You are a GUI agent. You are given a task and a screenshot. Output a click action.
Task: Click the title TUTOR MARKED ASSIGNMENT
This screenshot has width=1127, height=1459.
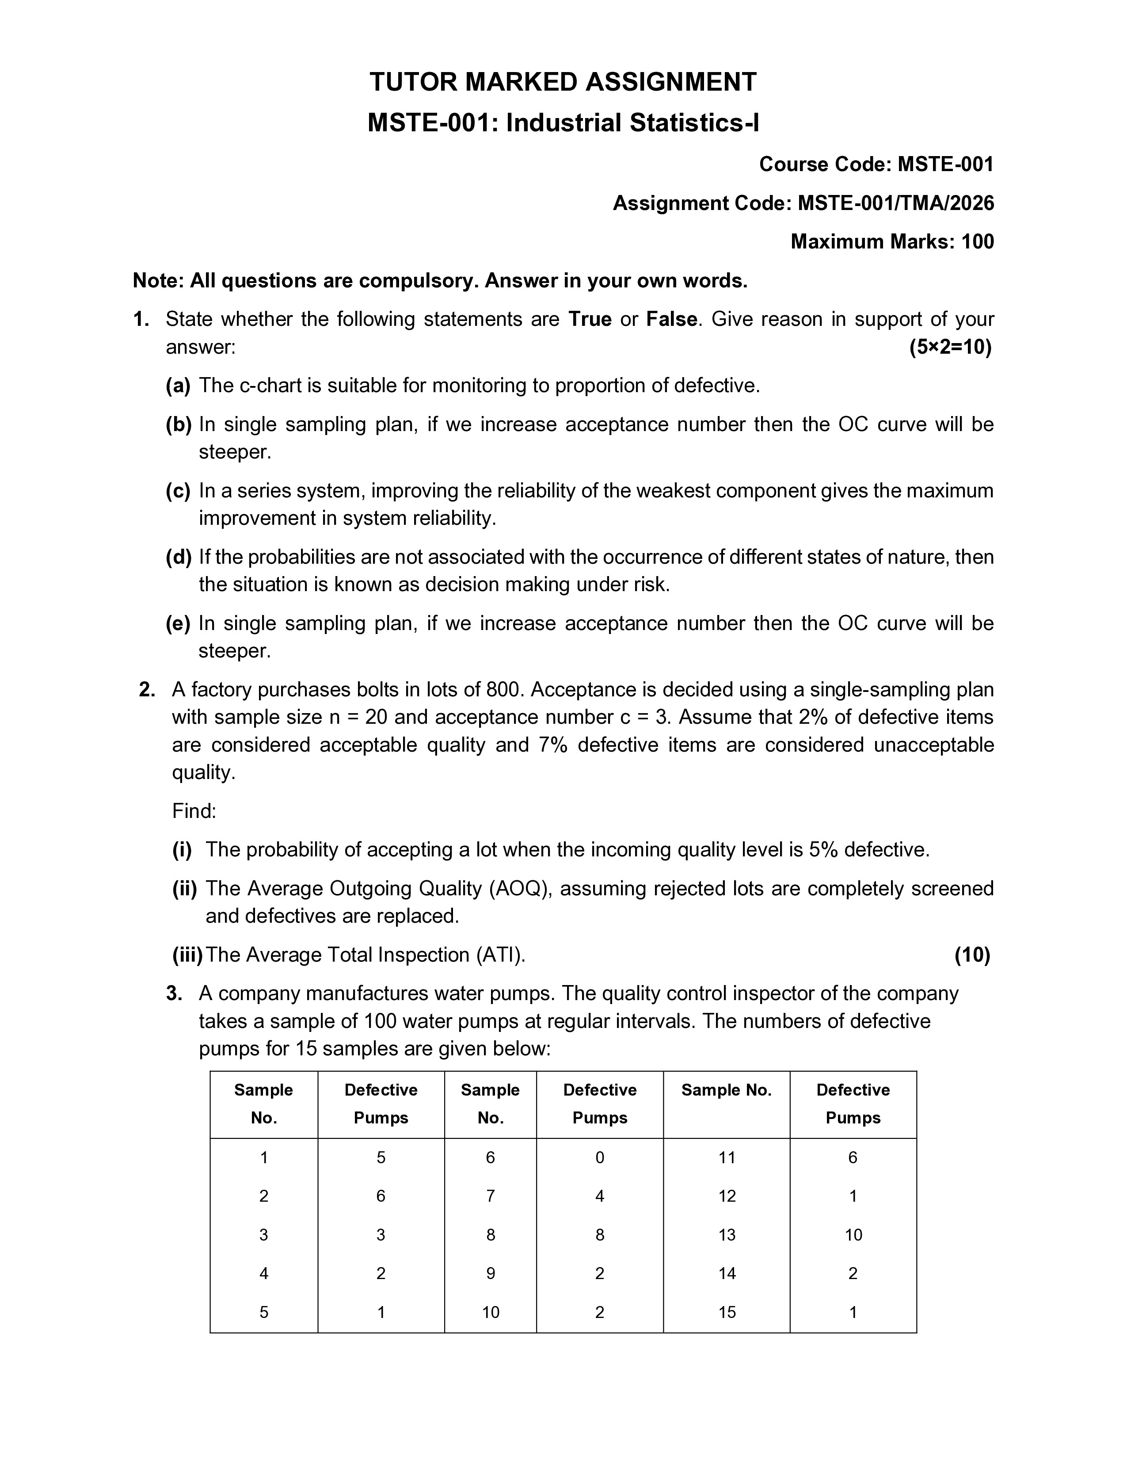[x=563, y=82]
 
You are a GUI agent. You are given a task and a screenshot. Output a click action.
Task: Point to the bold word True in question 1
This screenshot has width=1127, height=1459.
[x=590, y=319]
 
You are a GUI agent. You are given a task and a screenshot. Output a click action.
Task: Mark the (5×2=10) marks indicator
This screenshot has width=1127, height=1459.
[x=950, y=348]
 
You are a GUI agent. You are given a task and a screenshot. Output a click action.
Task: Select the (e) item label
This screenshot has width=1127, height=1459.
[x=178, y=623]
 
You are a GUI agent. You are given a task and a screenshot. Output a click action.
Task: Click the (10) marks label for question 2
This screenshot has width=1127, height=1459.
[x=971, y=955]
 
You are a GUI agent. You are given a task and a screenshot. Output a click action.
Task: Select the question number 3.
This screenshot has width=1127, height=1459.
[x=174, y=993]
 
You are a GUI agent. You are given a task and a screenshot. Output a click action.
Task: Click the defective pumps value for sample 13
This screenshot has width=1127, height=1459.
[x=853, y=1234]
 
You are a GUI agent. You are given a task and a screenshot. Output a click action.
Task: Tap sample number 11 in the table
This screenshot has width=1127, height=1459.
[x=727, y=1157]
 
